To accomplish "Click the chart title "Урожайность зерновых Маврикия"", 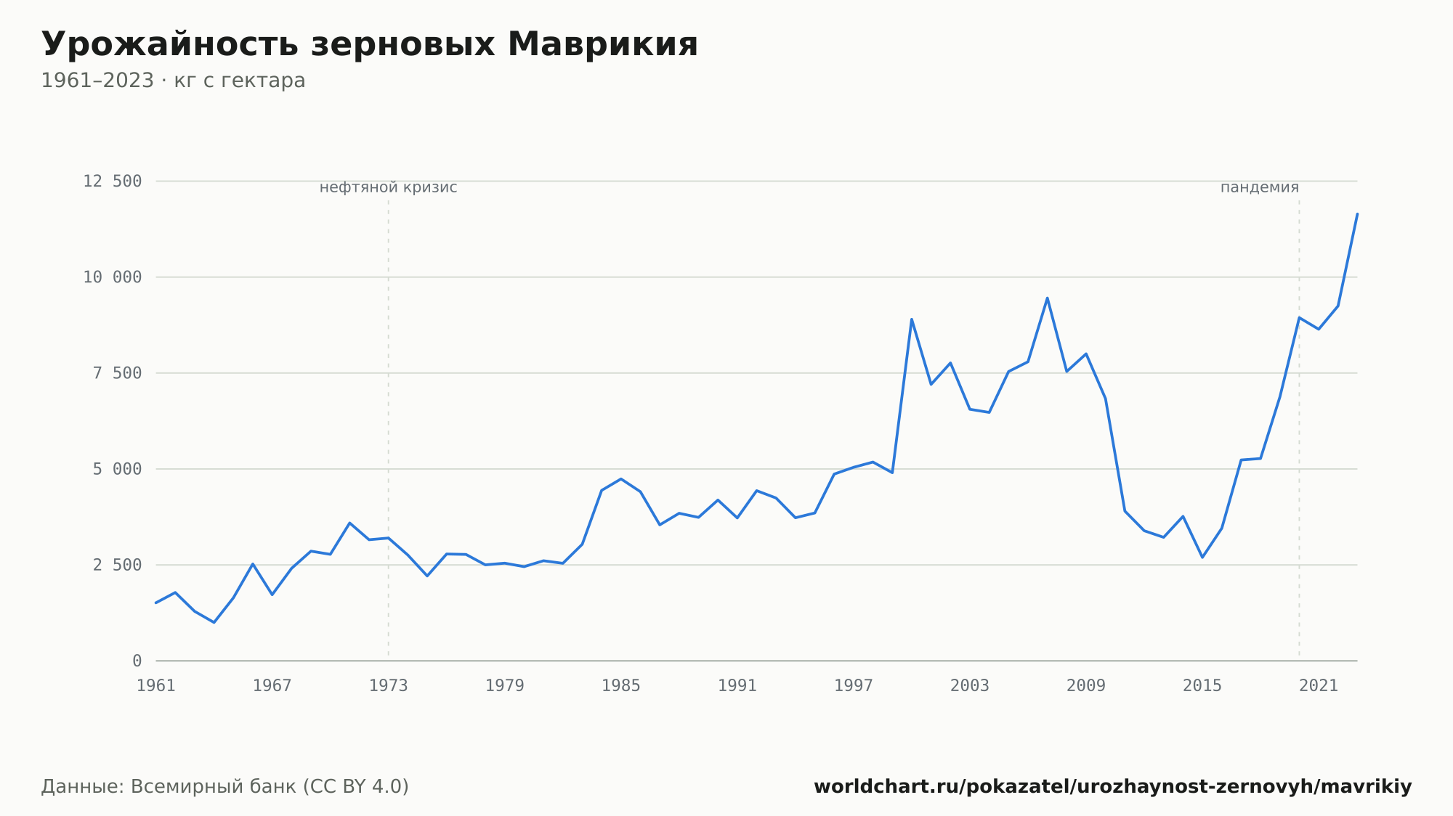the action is click(370, 45).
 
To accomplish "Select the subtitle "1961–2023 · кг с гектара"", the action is click(173, 81).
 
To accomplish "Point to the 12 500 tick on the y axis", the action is click(113, 181).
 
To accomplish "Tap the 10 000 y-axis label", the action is click(113, 277).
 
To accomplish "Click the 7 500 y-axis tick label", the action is click(117, 373).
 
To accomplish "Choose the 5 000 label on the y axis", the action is click(117, 469).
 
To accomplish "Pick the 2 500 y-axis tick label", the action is click(117, 565).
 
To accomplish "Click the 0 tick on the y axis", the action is click(137, 661).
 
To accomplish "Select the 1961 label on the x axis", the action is click(156, 686).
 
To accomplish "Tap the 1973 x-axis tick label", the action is click(389, 686).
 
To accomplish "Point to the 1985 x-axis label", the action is click(621, 686).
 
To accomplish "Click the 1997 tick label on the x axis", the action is click(854, 686).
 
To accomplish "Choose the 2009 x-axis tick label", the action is click(1086, 686).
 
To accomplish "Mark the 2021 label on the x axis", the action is click(1319, 686).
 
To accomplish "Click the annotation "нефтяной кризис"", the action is click(389, 187).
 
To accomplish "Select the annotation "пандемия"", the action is click(1260, 187).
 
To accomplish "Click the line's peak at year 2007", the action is click(1047, 298).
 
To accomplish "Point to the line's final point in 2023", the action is click(1357, 213).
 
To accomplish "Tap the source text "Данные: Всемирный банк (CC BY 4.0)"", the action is click(225, 787).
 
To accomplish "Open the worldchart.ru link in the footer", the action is click(1113, 787).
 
